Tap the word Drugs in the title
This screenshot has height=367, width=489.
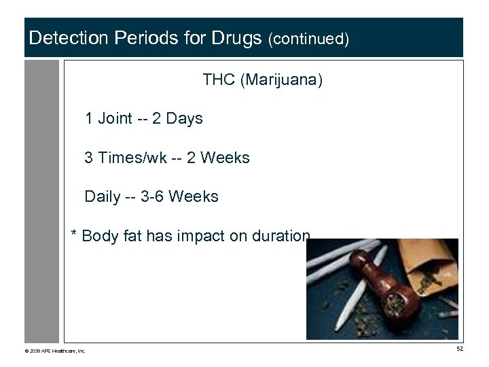235,38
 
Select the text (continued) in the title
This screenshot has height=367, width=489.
309,39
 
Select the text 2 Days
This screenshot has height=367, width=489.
179,119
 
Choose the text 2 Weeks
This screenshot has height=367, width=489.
219,158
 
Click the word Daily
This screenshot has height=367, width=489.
103,197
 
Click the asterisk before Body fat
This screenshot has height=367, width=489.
75,236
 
